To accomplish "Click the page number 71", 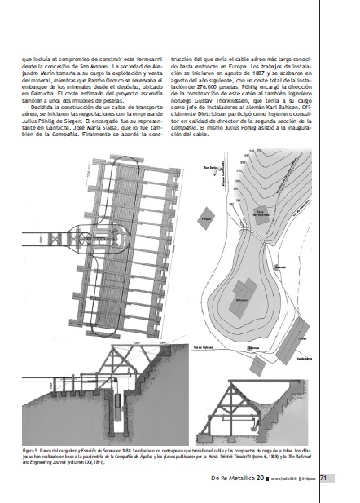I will click(x=324, y=478).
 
